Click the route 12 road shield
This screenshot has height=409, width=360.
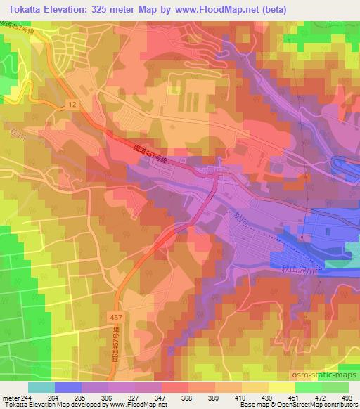coord(72,104)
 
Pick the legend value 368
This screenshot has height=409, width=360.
coord(175,397)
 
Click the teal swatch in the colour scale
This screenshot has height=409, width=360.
coord(41,387)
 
